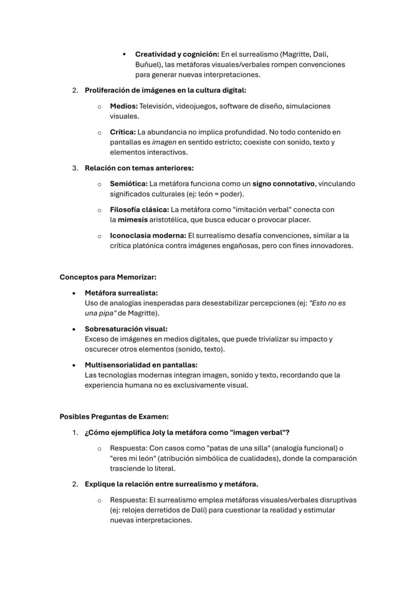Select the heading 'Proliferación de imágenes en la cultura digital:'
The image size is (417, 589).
pos(165,91)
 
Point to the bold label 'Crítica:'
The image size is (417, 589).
pos(123,132)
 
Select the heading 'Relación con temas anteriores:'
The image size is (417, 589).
pos(139,168)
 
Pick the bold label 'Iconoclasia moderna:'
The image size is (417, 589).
pos(148,235)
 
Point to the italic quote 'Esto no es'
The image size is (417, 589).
pos(327,303)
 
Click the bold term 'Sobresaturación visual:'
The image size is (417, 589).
pos(126,329)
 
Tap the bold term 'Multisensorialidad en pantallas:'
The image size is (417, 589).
pos(141,365)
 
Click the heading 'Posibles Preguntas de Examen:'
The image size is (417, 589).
pos(114,416)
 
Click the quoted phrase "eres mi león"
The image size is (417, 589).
pos(132,458)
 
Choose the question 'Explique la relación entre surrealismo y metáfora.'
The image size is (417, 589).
pos(171,484)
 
